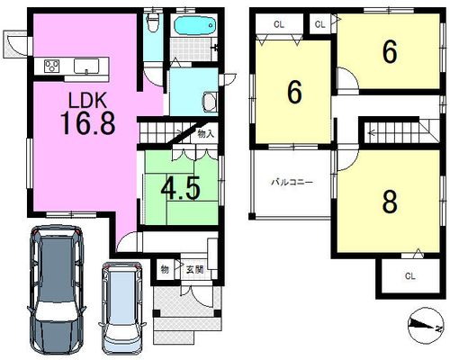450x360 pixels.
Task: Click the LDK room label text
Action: click(x=87, y=100)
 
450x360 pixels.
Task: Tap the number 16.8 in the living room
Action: click(x=88, y=122)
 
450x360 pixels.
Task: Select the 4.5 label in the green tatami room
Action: click(x=180, y=189)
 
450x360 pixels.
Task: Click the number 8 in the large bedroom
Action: click(x=390, y=202)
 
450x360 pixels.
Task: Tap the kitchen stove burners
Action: click(x=51, y=66)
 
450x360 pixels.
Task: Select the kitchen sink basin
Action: click(x=86, y=66)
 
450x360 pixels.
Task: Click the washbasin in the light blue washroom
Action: click(x=210, y=101)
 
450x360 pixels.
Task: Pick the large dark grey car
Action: click(x=56, y=291)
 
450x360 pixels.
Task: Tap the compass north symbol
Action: click(x=426, y=326)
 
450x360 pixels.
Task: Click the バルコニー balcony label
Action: click(x=292, y=182)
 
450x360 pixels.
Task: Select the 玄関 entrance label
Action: click(x=194, y=270)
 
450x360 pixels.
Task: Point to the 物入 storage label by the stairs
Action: click(x=206, y=134)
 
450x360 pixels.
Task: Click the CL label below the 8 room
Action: click(x=409, y=276)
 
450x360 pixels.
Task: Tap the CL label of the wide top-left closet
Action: click(x=279, y=24)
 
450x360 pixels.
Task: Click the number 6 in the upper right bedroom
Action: click(x=390, y=52)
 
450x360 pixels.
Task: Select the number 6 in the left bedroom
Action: click(x=294, y=93)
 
